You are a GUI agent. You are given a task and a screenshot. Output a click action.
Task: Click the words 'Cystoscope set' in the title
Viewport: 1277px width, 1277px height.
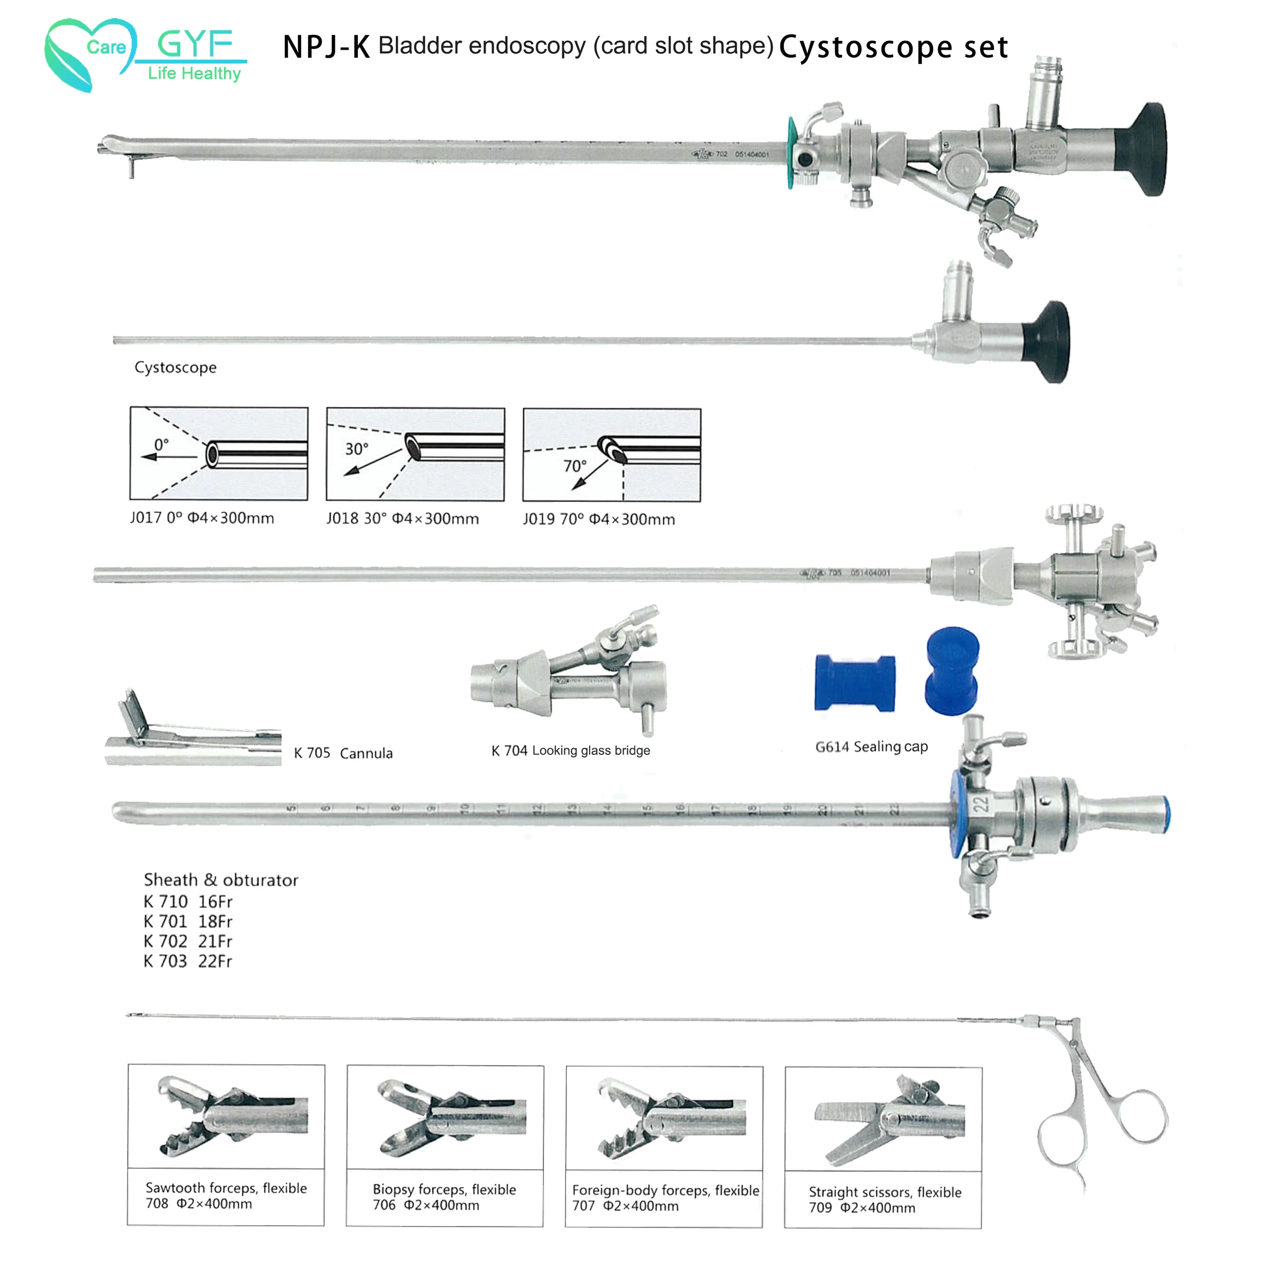pyautogui.click(x=893, y=47)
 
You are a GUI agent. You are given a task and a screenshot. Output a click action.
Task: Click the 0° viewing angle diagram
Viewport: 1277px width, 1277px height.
pyautogui.click(x=219, y=454)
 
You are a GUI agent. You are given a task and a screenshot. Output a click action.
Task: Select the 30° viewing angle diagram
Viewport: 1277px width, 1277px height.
pyautogui.click(x=415, y=454)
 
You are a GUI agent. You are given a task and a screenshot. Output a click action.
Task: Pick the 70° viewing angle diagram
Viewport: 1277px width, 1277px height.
pyautogui.click(x=611, y=455)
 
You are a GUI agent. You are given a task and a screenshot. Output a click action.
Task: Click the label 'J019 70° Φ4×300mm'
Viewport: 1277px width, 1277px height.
pyautogui.click(x=599, y=520)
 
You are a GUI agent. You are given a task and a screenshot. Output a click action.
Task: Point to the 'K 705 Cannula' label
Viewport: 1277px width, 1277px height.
pyautogui.click(x=343, y=753)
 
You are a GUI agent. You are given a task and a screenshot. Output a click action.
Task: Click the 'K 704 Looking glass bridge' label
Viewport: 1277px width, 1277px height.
pyautogui.click(x=571, y=750)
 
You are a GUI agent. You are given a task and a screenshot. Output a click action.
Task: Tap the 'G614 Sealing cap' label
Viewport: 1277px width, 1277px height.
pyautogui.click(x=871, y=747)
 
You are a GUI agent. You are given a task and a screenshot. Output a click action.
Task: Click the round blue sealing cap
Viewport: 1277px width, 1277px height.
pyautogui.click(x=952, y=671)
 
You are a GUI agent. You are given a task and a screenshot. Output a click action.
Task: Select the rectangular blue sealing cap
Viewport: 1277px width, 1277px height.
pyautogui.click(x=855, y=683)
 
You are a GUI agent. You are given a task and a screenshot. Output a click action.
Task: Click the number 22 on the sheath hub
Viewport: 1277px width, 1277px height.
pyautogui.click(x=980, y=804)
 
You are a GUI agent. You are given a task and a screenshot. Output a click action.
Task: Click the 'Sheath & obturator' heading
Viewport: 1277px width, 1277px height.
pyautogui.click(x=221, y=880)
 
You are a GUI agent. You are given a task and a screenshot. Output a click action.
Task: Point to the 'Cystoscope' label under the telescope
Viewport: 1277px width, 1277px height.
pyautogui.click(x=175, y=368)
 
